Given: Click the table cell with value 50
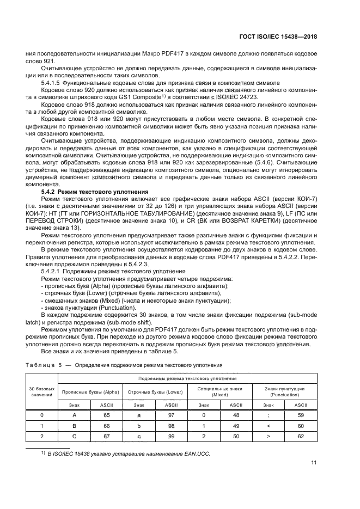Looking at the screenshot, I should pos(236,436).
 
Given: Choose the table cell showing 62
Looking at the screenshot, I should pos(301,436).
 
